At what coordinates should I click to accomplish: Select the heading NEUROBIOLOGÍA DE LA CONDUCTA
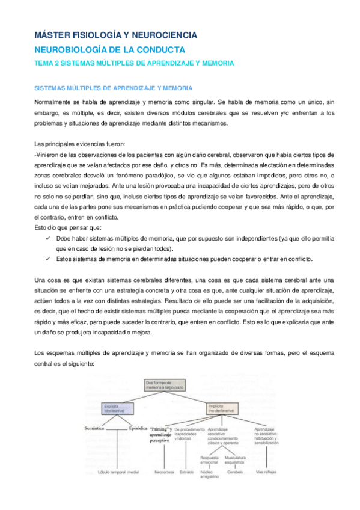[x=109, y=50]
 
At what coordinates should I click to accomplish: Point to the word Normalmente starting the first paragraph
[x=52, y=103]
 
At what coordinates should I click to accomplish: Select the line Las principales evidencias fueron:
[x=79, y=143]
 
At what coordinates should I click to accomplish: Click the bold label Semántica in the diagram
[x=97, y=429]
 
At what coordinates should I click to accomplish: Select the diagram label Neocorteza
[x=166, y=472]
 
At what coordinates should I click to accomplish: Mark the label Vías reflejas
[x=266, y=472]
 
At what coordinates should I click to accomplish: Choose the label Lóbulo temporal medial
[x=118, y=472]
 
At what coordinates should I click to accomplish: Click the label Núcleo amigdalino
[x=209, y=474]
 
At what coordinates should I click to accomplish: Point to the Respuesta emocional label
[x=210, y=459]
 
